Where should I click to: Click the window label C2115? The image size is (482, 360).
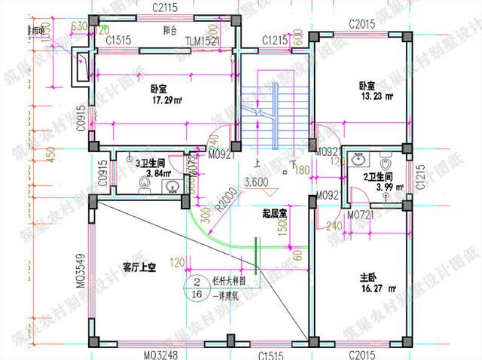coord(164,8)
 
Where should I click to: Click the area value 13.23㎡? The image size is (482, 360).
coord(377,96)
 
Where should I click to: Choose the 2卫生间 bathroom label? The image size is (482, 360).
coord(379,177)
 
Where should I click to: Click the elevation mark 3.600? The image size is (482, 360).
coord(256,182)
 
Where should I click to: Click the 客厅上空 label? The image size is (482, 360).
coord(139,267)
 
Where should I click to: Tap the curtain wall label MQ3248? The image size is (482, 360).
coord(162,352)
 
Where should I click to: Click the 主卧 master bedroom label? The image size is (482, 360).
coord(369,276)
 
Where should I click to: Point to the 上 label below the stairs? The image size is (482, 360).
coord(258,163)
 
